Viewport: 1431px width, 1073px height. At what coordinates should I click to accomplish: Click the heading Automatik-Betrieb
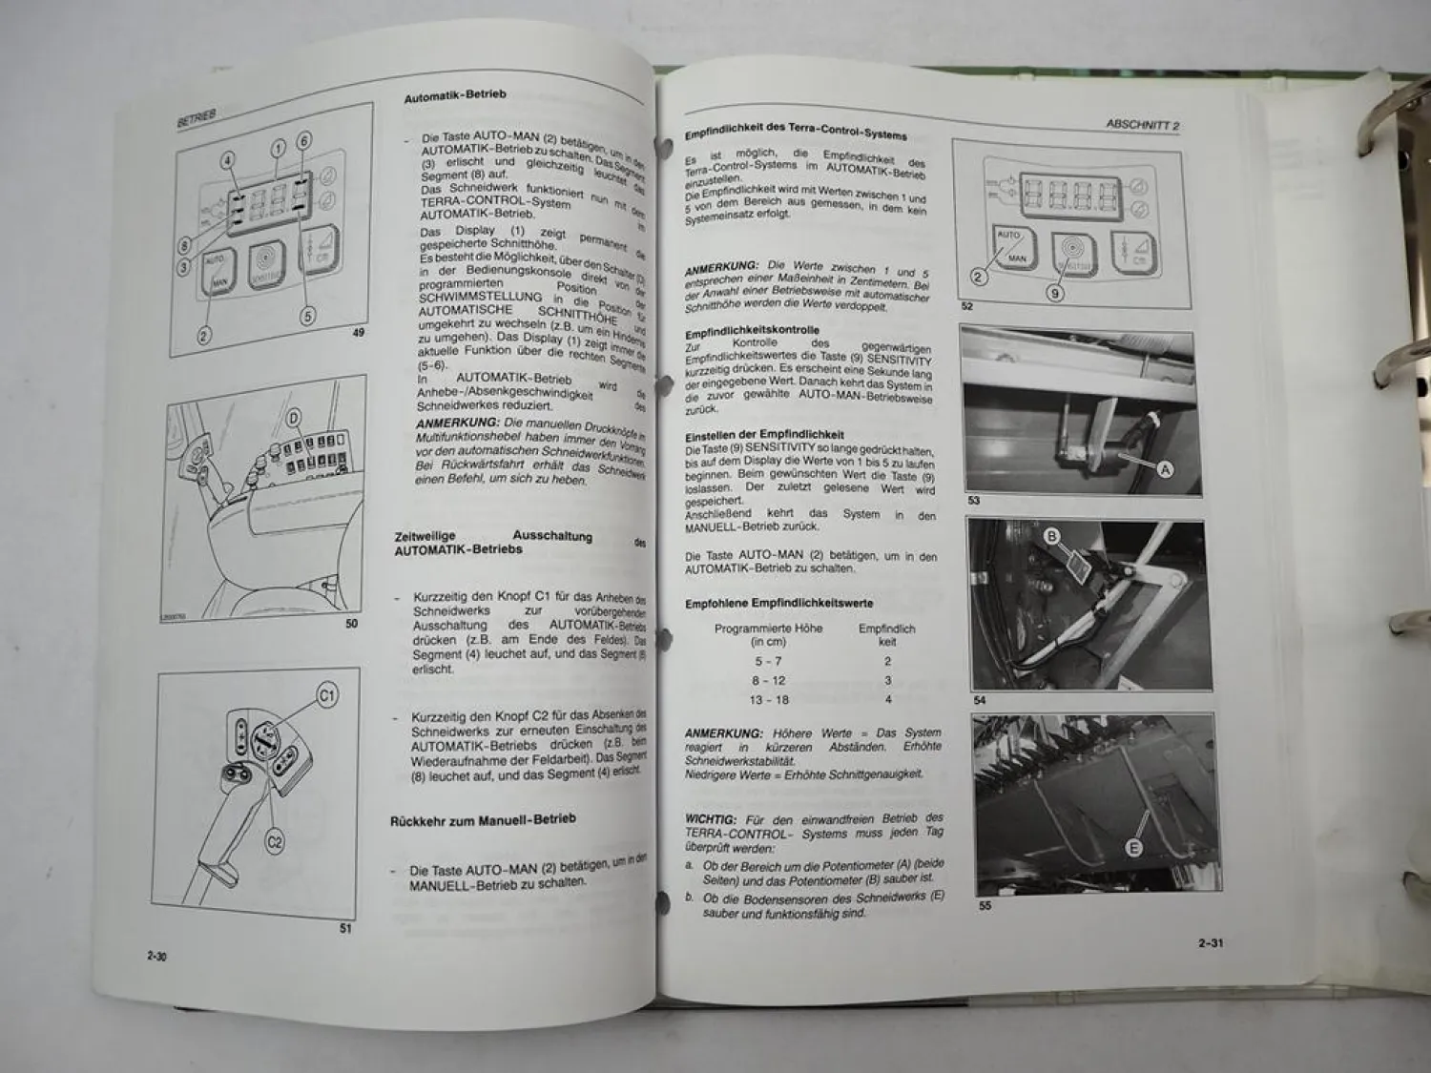pyautogui.click(x=455, y=97)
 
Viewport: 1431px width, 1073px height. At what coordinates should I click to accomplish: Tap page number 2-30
pyautogui.click(x=156, y=957)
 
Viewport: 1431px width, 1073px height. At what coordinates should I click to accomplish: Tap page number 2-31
pyautogui.click(x=1211, y=943)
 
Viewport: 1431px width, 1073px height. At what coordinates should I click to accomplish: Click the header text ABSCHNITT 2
pyautogui.click(x=1143, y=125)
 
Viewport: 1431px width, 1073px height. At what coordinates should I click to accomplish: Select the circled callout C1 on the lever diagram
pyautogui.click(x=327, y=696)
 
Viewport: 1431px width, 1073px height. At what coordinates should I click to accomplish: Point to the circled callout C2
pyautogui.click(x=275, y=842)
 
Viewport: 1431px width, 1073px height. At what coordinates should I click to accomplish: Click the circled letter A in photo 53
pyautogui.click(x=1164, y=469)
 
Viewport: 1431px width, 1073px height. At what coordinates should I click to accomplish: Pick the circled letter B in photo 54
pyautogui.click(x=1052, y=537)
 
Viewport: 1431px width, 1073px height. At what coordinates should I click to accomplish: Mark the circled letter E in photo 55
pyautogui.click(x=1134, y=848)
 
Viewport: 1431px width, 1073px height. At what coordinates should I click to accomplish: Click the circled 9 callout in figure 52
pyautogui.click(x=1055, y=294)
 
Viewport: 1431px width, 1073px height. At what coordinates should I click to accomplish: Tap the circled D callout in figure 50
pyautogui.click(x=294, y=417)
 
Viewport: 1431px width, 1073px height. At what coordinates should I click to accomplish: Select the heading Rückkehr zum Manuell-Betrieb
pyautogui.click(x=483, y=820)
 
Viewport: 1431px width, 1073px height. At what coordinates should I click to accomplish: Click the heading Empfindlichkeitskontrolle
pyautogui.click(x=752, y=331)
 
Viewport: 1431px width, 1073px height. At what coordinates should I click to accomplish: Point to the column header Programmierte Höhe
pyautogui.click(x=768, y=629)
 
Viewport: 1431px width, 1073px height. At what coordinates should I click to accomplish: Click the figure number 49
pyautogui.click(x=358, y=333)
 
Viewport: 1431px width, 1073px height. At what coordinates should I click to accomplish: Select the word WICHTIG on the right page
pyautogui.click(x=711, y=818)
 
